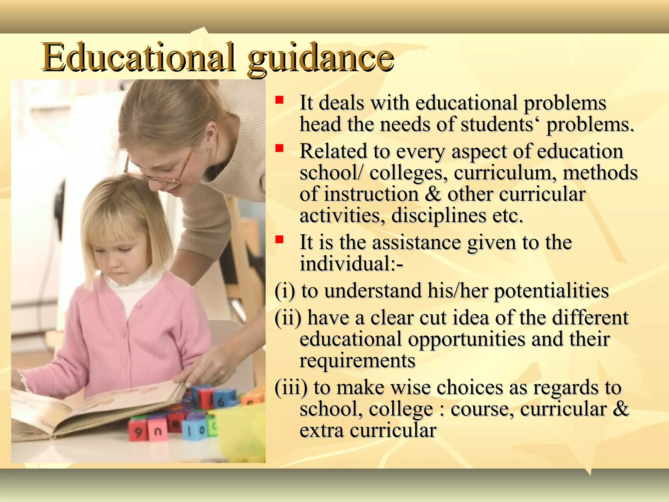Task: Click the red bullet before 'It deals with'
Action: pos(279,99)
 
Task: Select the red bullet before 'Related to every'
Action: pos(279,149)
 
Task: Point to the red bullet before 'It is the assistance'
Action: pos(279,240)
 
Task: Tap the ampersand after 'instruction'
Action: pos(433,194)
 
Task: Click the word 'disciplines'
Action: pos(439,216)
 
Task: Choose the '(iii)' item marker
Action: pos(291,387)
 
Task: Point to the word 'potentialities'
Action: pos(551,291)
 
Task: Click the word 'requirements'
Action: pos(357,360)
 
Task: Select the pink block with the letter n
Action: pos(158,431)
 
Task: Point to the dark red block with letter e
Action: pos(175,423)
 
